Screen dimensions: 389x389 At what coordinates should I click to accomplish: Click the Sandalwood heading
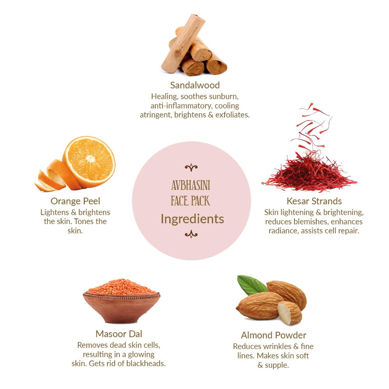[195, 85]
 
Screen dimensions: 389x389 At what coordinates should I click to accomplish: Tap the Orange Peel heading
[75, 201]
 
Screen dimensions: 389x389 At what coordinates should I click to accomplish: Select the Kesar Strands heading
[314, 201]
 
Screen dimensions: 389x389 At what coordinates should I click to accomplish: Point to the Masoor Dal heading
[119, 334]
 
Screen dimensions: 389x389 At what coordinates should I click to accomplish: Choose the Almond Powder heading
[273, 335]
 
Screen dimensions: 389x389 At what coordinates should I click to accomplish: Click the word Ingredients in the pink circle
[192, 219]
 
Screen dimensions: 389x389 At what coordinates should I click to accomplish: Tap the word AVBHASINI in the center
[191, 185]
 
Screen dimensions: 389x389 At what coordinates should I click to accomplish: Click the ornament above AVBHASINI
[191, 168]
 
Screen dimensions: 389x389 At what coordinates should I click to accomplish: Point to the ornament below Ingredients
[191, 234]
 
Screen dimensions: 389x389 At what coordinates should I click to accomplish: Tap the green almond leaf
[251, 285]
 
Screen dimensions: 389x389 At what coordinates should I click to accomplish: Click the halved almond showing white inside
[289, 313]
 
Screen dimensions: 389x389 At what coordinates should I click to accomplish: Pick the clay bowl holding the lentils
[121, 308]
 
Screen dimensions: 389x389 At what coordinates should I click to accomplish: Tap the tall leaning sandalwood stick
[183, 44]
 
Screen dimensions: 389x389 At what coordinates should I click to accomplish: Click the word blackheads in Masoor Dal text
[145, 363]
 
